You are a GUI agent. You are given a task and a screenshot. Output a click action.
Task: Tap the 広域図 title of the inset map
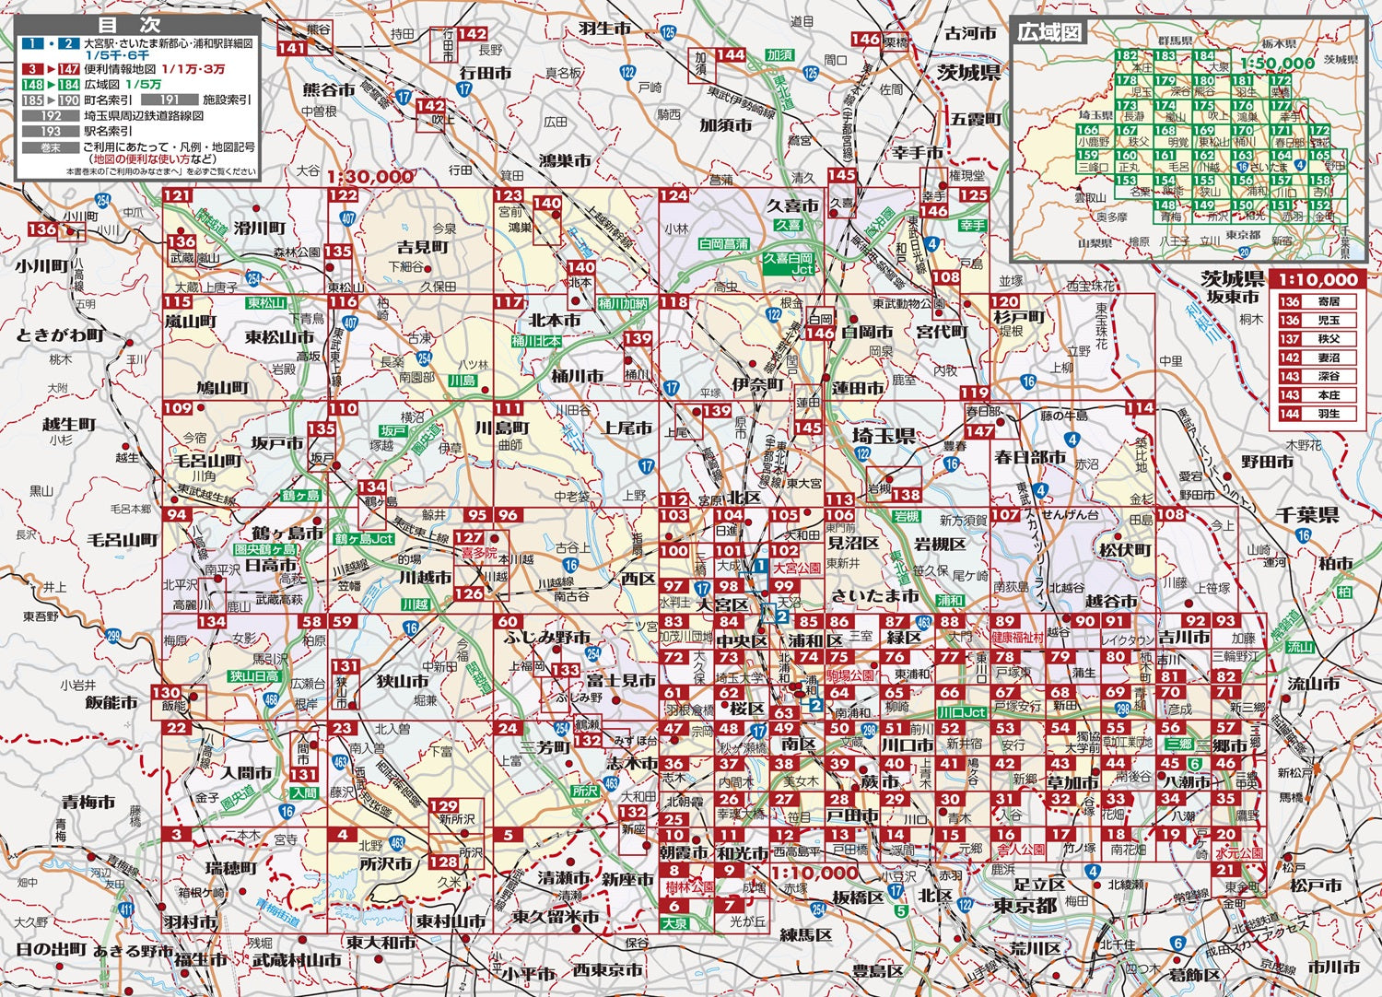[1048, 32]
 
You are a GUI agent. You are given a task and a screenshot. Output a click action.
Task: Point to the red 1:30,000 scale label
[369, 176]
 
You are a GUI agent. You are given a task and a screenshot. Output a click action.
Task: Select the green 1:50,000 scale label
[1276, 64]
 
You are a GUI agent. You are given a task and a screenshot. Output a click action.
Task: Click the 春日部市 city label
[1029, 457]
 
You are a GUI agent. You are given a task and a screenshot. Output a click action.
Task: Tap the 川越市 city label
[425, 578]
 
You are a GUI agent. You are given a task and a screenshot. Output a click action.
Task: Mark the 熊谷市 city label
[329, 90]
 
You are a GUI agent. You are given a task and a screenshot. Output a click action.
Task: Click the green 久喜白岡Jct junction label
[789, 264]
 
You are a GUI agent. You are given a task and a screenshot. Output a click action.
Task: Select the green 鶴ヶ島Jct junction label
[363, 538]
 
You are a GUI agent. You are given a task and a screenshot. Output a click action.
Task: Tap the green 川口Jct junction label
[962, 712]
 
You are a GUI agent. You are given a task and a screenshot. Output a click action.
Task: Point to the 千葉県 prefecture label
[1306, 516]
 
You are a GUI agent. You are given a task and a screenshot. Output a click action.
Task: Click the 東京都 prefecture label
[1025, 906]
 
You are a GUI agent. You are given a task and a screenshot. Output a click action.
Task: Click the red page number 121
[177, 195]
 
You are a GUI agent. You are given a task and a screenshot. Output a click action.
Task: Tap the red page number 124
[673, 195]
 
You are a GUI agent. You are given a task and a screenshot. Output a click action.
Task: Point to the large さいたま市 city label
[874, 595]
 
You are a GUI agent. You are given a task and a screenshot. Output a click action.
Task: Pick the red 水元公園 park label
[1238, 852]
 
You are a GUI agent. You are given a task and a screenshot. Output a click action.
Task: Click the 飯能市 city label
[111, 702]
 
